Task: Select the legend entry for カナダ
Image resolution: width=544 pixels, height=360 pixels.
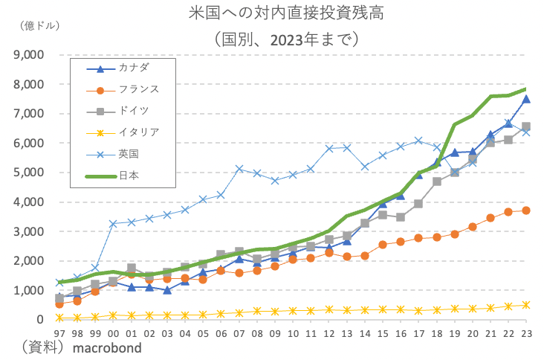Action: click(x=133, y=69)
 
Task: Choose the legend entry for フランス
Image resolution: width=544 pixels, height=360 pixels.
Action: click(x=138, y=90)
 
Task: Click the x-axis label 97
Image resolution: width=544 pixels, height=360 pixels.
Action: click(x=59, y=332)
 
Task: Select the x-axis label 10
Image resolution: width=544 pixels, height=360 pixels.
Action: click(x=293, y=332)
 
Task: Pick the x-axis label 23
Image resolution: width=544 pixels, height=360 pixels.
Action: click(x=526, y=332)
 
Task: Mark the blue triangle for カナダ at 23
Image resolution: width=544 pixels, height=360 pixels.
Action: click(x=526, y=99)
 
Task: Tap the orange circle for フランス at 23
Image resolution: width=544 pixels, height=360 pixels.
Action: click(x=526, y=210)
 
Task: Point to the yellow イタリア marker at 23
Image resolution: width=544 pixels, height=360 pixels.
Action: click(x=526, y=305)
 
